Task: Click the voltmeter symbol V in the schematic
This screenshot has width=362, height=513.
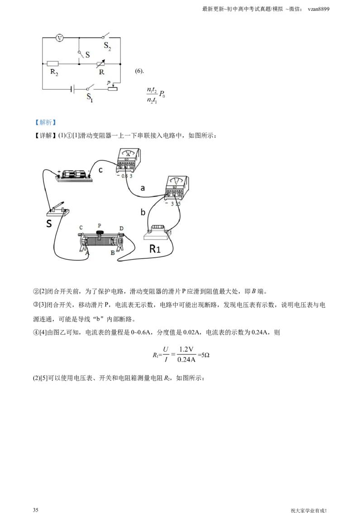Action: pos(59,38)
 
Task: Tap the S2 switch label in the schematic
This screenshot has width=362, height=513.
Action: pos(108,46)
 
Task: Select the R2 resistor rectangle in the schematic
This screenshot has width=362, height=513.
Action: pos(52,64)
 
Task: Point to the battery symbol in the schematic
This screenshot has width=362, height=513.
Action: pos(73,89)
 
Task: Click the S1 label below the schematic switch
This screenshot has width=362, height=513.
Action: pos(90,97)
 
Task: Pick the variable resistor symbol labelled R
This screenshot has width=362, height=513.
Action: pos(101,64)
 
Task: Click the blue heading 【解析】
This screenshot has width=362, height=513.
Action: pos(45,122)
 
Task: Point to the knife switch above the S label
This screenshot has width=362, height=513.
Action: pos(58,210)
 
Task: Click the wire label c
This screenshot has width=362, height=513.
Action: pos(100,170)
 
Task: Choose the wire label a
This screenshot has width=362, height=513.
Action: pos(143,188)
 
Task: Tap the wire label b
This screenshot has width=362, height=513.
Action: pos(143,212)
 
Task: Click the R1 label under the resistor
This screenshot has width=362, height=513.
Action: pos(155,249)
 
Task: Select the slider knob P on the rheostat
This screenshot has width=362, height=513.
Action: pos(99,232)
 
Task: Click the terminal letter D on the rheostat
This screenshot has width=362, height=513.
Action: pos(121,228)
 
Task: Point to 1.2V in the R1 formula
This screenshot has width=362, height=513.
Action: pos(186,349)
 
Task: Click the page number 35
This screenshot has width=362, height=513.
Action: pos(36,509)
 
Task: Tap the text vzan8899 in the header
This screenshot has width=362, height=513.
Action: pos(319,9)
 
